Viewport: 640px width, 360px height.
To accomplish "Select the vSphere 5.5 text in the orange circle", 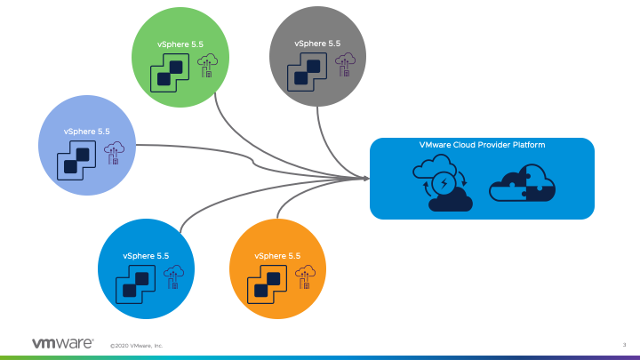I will click(277, 256).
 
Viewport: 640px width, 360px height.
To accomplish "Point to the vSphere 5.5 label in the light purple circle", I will click(86, 131).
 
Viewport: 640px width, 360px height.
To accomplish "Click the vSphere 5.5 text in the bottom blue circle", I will click(146, 256).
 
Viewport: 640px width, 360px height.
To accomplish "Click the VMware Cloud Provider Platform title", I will click(482, 144).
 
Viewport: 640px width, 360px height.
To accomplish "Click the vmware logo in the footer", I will click(62, 343).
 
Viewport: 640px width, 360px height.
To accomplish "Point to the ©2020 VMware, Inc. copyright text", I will click(136, 345).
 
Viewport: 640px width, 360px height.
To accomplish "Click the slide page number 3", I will click(625, 344).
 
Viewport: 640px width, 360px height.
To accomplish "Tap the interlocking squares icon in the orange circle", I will click(266, 284).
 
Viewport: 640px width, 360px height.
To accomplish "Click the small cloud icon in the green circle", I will click(208, 65).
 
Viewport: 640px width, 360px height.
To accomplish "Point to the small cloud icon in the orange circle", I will click(306, 278).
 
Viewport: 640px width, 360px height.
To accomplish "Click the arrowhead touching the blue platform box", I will click(365, 179).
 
